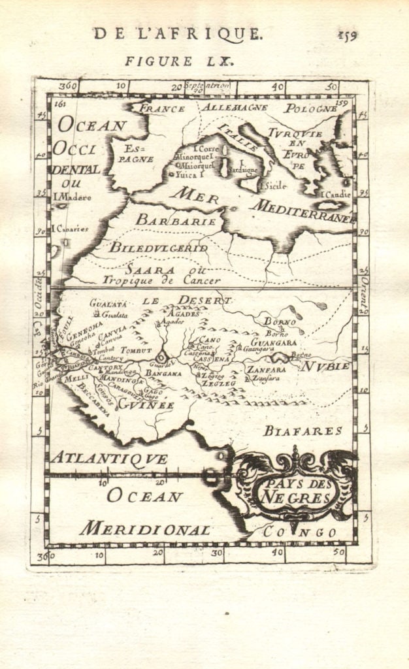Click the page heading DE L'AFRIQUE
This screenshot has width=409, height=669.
[178, 34]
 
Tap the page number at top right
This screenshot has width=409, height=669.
[347, 36]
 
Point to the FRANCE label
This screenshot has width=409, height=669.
[163, 108]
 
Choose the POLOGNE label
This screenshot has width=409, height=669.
[310, 108]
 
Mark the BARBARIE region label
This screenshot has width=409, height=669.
[176, 221]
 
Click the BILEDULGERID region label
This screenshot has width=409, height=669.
[158, 248]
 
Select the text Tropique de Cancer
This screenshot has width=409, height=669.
[161, 280]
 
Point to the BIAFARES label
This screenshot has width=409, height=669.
[303, 431]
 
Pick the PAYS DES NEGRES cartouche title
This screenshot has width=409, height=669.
[297, 492]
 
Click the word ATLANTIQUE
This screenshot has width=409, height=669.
[109, 459]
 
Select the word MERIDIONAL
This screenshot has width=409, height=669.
[145, 529]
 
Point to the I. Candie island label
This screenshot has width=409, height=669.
[335, 195]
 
